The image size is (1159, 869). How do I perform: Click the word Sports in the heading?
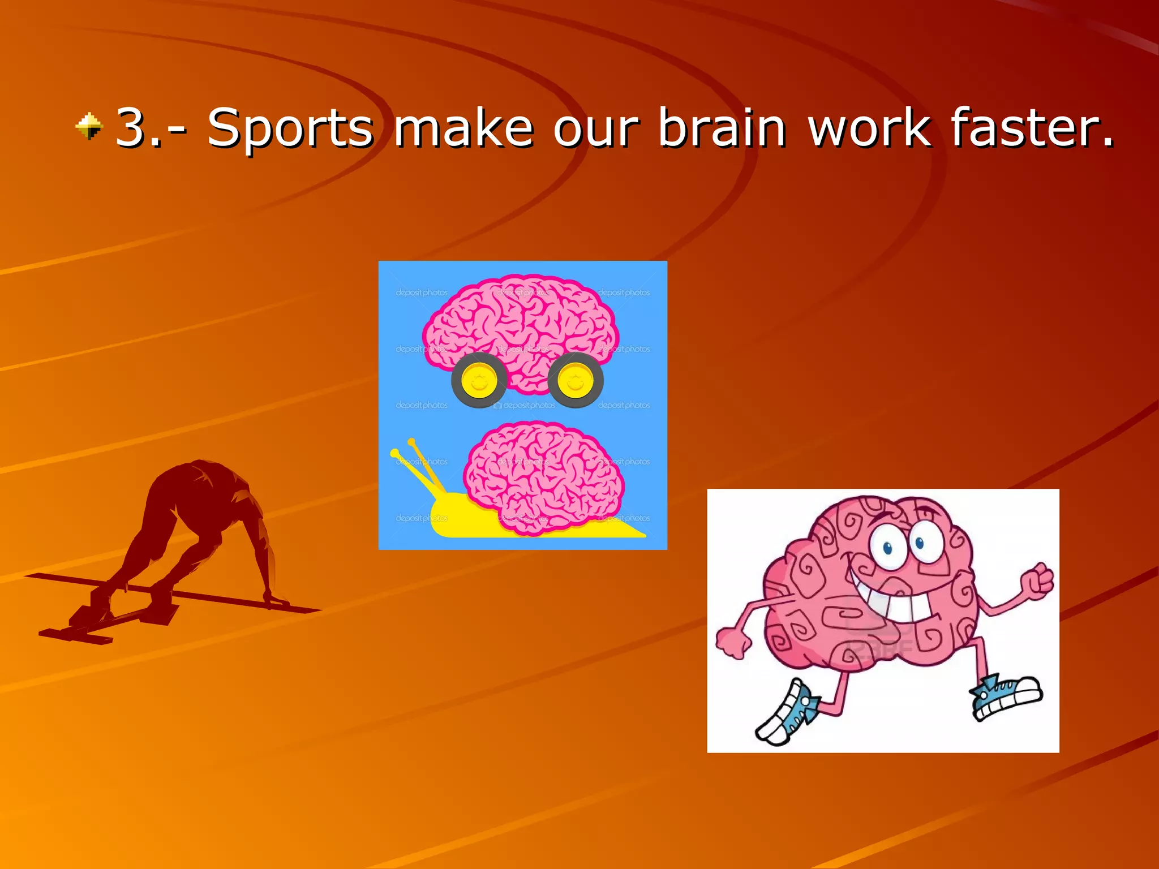290,129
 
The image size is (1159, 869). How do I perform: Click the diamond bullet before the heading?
89,126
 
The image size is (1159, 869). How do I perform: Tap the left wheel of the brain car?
479,380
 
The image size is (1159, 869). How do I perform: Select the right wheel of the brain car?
575,380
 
